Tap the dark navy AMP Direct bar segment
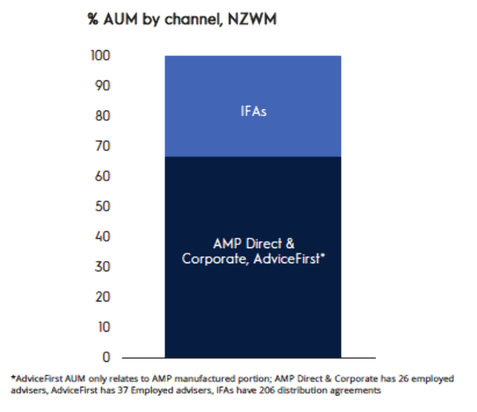point(253,302)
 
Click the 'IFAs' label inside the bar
point(253,111)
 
